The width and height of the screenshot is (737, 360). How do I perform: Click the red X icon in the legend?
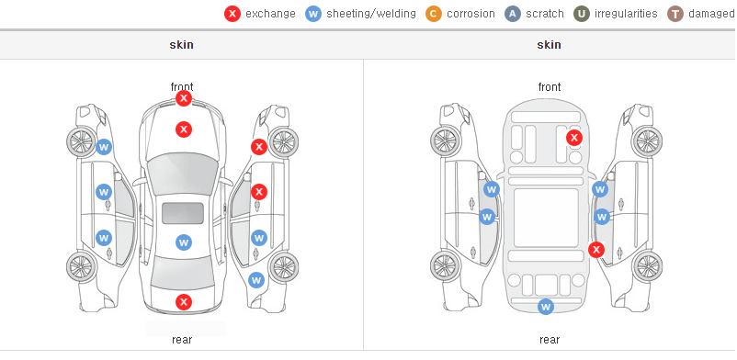232,14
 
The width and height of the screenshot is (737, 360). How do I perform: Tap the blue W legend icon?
313,14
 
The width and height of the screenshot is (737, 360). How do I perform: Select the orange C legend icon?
434,14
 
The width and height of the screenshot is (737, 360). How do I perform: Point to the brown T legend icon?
675,14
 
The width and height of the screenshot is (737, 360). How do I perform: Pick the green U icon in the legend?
582,14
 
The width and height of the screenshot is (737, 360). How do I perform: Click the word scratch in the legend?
545,14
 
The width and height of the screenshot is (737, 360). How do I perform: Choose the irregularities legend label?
626,14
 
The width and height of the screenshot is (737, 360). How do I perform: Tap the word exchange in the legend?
270,14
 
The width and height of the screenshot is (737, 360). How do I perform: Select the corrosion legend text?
471,14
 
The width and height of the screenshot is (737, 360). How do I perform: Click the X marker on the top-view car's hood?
184,129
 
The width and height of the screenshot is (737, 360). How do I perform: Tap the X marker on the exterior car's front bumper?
184,98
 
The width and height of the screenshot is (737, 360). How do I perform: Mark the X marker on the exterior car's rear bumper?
184,302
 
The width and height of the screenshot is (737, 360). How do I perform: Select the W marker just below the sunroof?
184,242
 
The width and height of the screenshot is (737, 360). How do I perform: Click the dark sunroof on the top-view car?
183,213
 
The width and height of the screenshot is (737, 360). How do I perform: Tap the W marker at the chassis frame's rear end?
546,307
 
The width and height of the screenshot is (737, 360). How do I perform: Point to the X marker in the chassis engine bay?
574,138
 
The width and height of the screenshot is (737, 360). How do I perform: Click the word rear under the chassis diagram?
550,340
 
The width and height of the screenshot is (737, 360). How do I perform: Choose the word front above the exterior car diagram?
182,87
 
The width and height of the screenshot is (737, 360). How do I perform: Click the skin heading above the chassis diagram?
549,45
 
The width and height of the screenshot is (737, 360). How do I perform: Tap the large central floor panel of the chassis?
546,218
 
